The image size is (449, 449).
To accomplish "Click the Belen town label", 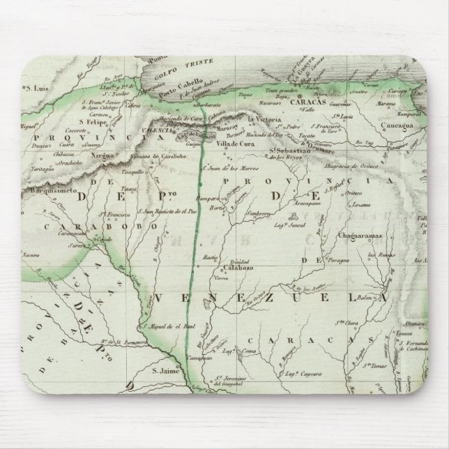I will (366, 297).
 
